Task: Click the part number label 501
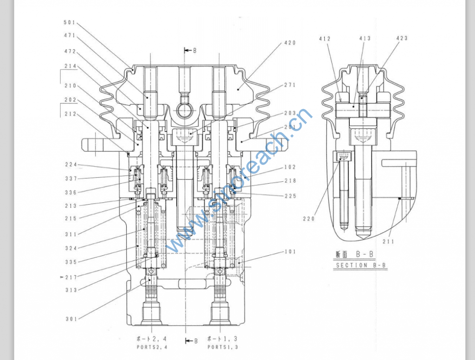click(x=69, y=22)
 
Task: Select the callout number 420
click(x=290, y=43)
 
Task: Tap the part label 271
click(x=290, y=85)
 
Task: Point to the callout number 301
click(x=71, y=319)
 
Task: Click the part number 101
click(x=290, y=252)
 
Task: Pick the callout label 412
click(x=325, y=39)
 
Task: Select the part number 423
click(x=402, y=38)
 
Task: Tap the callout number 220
click(x=308, y=219)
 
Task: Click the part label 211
click(x=388, y=241)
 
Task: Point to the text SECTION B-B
click(x=360, y=265)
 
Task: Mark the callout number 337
click(x=71, y=179)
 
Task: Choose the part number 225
click(x=290, y=196)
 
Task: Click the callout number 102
click(x=290, y=167)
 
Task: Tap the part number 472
click(x=70, y=51)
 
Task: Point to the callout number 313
click(x=71, y=290)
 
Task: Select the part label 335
click(x=71, y=262)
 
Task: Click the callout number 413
click(x=365, y=39)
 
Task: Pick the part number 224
click(x=71, y=165)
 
